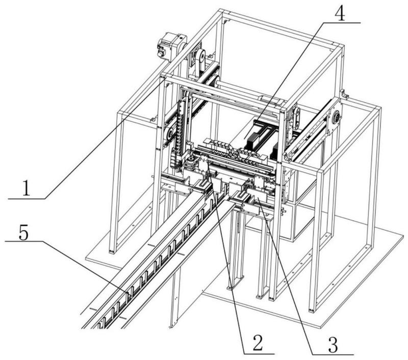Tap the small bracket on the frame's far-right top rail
[343, 94]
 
